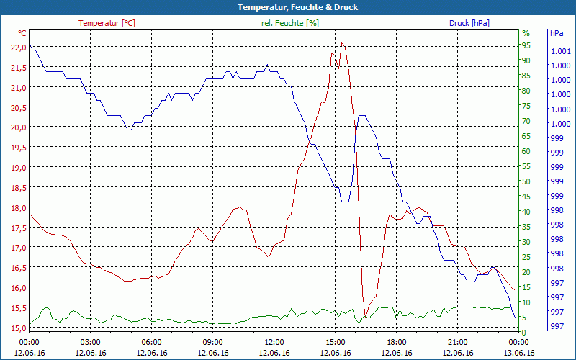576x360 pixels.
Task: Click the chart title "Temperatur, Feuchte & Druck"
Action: point(288,7)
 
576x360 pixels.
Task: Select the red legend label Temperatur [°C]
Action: point(107,23)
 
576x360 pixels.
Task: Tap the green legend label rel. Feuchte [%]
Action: point(290,23)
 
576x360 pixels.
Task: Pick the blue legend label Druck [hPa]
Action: point(469,23)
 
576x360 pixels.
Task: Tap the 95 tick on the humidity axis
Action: point(526,45)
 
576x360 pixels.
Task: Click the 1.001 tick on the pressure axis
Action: point(559,51)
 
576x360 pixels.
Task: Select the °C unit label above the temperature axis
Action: point(22,33)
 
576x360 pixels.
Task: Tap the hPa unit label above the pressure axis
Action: point(556,33)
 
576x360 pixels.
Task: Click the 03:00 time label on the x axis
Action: point(90,342)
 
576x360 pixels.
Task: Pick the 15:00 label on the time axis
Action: point(336,342)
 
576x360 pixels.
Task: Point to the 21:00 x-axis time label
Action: point(458,342)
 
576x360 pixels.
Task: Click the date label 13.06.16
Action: point(519,353)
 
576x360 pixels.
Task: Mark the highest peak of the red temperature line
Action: point(342,43)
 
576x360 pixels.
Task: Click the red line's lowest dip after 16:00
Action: point(366,317)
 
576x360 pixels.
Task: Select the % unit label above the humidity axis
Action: point(526,33)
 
